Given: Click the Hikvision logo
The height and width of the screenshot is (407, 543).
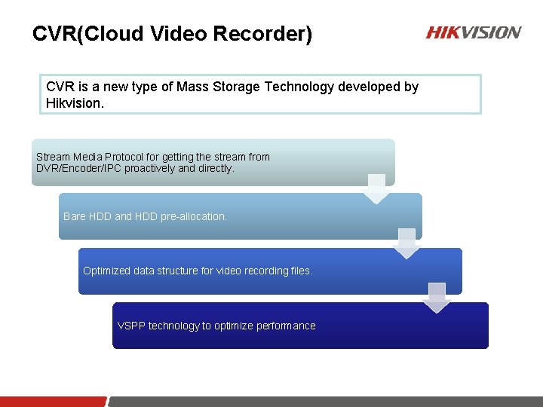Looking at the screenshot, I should click(x=473, y=32).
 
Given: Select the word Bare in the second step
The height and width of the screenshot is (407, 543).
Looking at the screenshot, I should click(x=75, y=216).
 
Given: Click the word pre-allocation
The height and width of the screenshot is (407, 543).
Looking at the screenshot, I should click(x=192, y=216).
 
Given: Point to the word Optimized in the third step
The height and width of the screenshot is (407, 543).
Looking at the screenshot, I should click(x=106, y=271).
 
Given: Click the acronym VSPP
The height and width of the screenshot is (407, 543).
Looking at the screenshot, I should click(x=131, y=326).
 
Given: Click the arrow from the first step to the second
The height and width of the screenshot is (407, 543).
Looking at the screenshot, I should click(x=377, y=189).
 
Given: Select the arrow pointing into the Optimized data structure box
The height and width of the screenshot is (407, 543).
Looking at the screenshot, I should click(x=406, y=243).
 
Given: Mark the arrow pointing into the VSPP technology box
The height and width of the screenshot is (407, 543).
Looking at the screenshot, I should click(x=437, y=298).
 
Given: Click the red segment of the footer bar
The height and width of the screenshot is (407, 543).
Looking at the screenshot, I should click(x=53, y=402).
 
